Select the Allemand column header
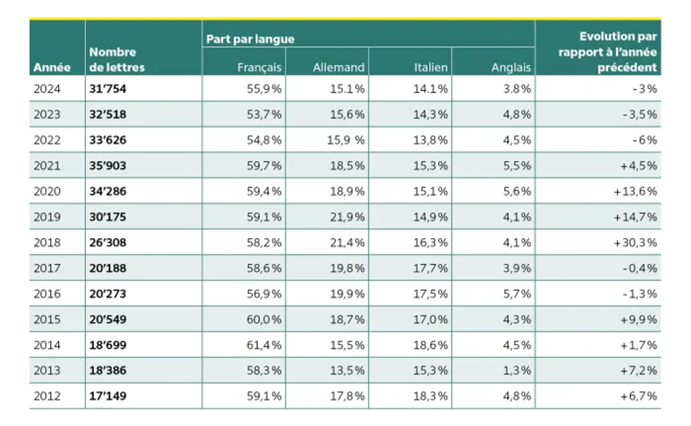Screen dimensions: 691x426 339,67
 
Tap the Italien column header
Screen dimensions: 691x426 431,67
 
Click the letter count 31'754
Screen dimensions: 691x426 108,89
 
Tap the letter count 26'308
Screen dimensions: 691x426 108,242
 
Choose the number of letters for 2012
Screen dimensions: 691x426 108,396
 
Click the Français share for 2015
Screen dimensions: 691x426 264,319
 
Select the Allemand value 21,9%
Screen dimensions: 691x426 347,217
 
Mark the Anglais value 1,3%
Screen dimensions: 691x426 517,370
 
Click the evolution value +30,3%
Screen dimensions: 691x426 635,242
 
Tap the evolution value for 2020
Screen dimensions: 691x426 635,191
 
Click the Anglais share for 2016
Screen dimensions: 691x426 517,294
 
